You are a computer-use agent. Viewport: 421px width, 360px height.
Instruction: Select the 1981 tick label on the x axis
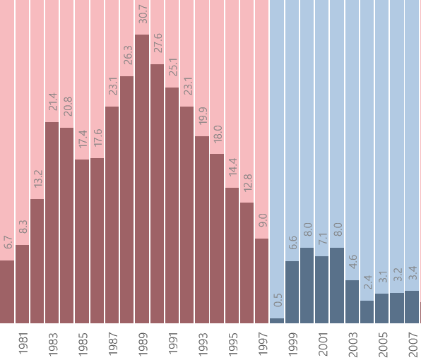pos(23,344)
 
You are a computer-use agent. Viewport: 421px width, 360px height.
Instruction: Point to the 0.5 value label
pos(278,300)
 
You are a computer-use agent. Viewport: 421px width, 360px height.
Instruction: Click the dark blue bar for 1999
pos(292,292)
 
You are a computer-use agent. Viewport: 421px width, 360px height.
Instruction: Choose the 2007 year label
pos(413,344)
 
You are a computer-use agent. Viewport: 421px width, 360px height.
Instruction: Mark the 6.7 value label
pos(8,242)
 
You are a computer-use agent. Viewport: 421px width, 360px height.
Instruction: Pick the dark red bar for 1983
pos(52,222)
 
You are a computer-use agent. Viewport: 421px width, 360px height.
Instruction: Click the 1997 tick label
pos(263,344)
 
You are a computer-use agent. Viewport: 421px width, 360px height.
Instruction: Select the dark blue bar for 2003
pos(352,301)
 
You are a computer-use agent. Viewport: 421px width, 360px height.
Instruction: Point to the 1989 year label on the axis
pos(142,344)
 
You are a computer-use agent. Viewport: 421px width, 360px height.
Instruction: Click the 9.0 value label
pos(262,220)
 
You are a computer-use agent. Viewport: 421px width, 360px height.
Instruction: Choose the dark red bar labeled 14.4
pos(232,255)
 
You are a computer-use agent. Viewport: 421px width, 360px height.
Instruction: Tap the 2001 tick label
pos(322,344)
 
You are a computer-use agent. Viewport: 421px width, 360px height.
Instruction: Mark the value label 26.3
pos(127,56)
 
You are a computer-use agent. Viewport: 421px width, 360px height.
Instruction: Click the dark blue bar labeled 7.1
pos(322,289)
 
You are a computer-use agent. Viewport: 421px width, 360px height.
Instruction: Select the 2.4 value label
pos(367,282)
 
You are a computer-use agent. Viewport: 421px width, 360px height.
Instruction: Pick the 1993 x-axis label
pos(202,344)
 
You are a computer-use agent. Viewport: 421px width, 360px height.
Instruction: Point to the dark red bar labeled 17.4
pos(82,241)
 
